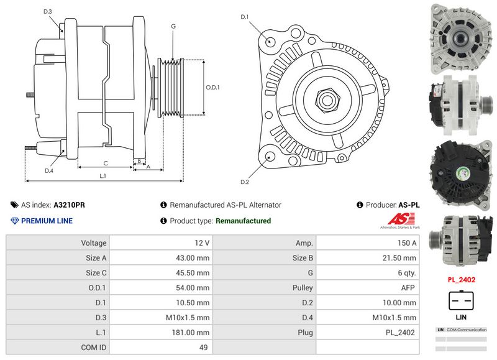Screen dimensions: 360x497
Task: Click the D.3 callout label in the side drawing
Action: pos(48,12)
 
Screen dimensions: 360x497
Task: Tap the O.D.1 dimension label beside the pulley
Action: pos(212,87)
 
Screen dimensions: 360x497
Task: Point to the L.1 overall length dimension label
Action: pos(103,176)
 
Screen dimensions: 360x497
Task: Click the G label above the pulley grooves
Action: pos(173,26)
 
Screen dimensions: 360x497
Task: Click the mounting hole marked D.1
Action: pos(271,41)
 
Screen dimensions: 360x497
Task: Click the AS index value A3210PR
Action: pos(70,205)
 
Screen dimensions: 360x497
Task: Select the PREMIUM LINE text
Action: pos(47,221)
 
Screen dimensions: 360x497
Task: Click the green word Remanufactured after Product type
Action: pos(243,221)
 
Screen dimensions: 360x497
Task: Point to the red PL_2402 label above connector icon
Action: pos(462,280)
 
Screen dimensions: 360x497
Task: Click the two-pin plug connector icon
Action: pos(462,302)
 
